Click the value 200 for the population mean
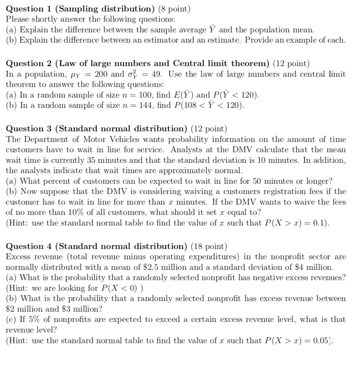click(101, 74)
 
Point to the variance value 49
click(157, 74)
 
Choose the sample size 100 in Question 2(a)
click(146, 95)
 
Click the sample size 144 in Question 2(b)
click(146, 106)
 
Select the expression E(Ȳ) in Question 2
click(183, 95)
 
